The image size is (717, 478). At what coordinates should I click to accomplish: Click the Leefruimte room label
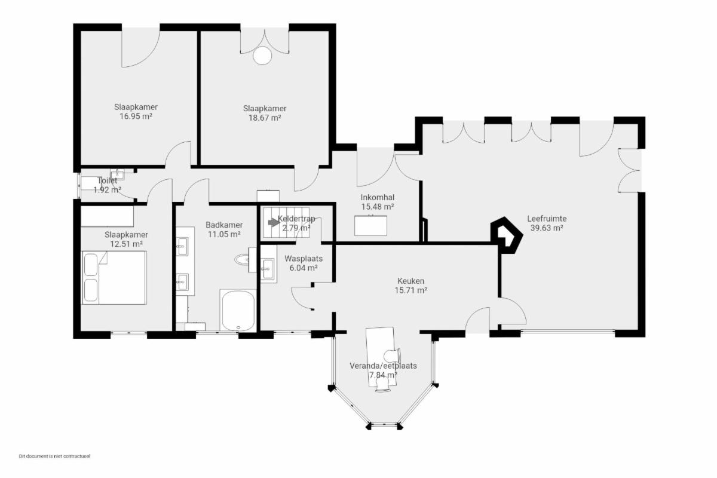tap(547, 219)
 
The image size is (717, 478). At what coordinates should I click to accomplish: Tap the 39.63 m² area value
tap(547, 228)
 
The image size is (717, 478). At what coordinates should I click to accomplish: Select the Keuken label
tap(410, 281)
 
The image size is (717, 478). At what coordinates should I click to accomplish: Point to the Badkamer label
tap(224, 225)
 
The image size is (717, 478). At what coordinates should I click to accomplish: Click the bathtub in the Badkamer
tap(238, 310)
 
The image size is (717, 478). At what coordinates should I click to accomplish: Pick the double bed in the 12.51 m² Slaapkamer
tap(114, 278)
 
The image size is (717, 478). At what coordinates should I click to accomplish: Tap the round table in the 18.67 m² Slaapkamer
tap(262, 56)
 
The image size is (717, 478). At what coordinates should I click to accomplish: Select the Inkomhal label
tap(378, 198)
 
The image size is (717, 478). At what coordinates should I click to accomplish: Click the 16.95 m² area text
tap(136, 117)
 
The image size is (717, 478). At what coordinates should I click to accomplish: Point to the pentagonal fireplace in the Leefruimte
tap(507, 235)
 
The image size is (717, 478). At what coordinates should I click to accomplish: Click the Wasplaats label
tap(304, 258)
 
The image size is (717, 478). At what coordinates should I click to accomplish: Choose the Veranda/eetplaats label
tap(383, 366)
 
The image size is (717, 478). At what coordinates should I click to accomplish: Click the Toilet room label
tap(107, 180)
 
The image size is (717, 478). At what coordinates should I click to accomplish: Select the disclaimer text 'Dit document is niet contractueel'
tap(55, 456)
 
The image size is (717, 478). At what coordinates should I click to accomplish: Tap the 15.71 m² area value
tap(411, 290)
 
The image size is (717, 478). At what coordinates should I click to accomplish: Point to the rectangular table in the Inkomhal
tap(370, 226)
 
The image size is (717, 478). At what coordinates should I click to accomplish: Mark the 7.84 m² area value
tap(383, 375)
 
